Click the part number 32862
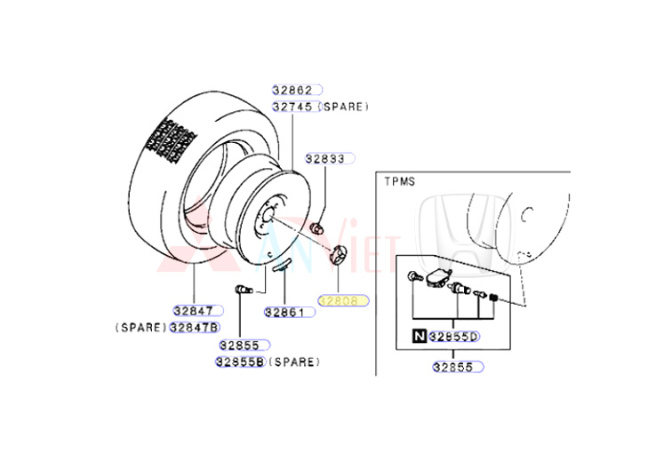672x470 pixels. tap(293, 90)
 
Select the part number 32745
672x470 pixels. tap(293, 107)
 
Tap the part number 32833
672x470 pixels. tap(325, 159)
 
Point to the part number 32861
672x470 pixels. tap(284, 312)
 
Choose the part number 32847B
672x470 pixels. tap(196, 327)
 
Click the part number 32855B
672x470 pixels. tap(240, 362)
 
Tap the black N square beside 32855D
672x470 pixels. tap(418, 337)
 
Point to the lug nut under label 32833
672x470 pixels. tap(317, 228)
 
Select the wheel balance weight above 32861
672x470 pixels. tap(283, 262)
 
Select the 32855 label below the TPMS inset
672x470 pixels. tap(458, 366)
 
